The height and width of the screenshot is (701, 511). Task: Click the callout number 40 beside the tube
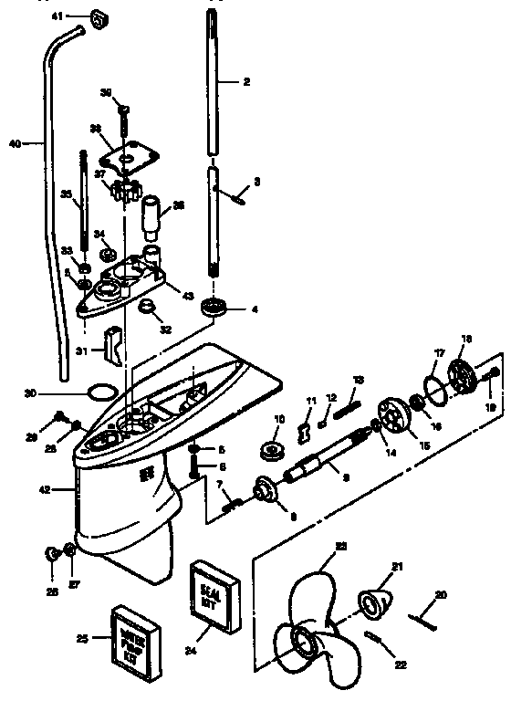(x=15, y=142)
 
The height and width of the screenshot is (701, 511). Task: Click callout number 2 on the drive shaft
(x=245, y=81)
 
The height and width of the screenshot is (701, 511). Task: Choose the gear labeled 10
(x=272, y=448)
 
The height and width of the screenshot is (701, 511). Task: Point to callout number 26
(x=51, y=591)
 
